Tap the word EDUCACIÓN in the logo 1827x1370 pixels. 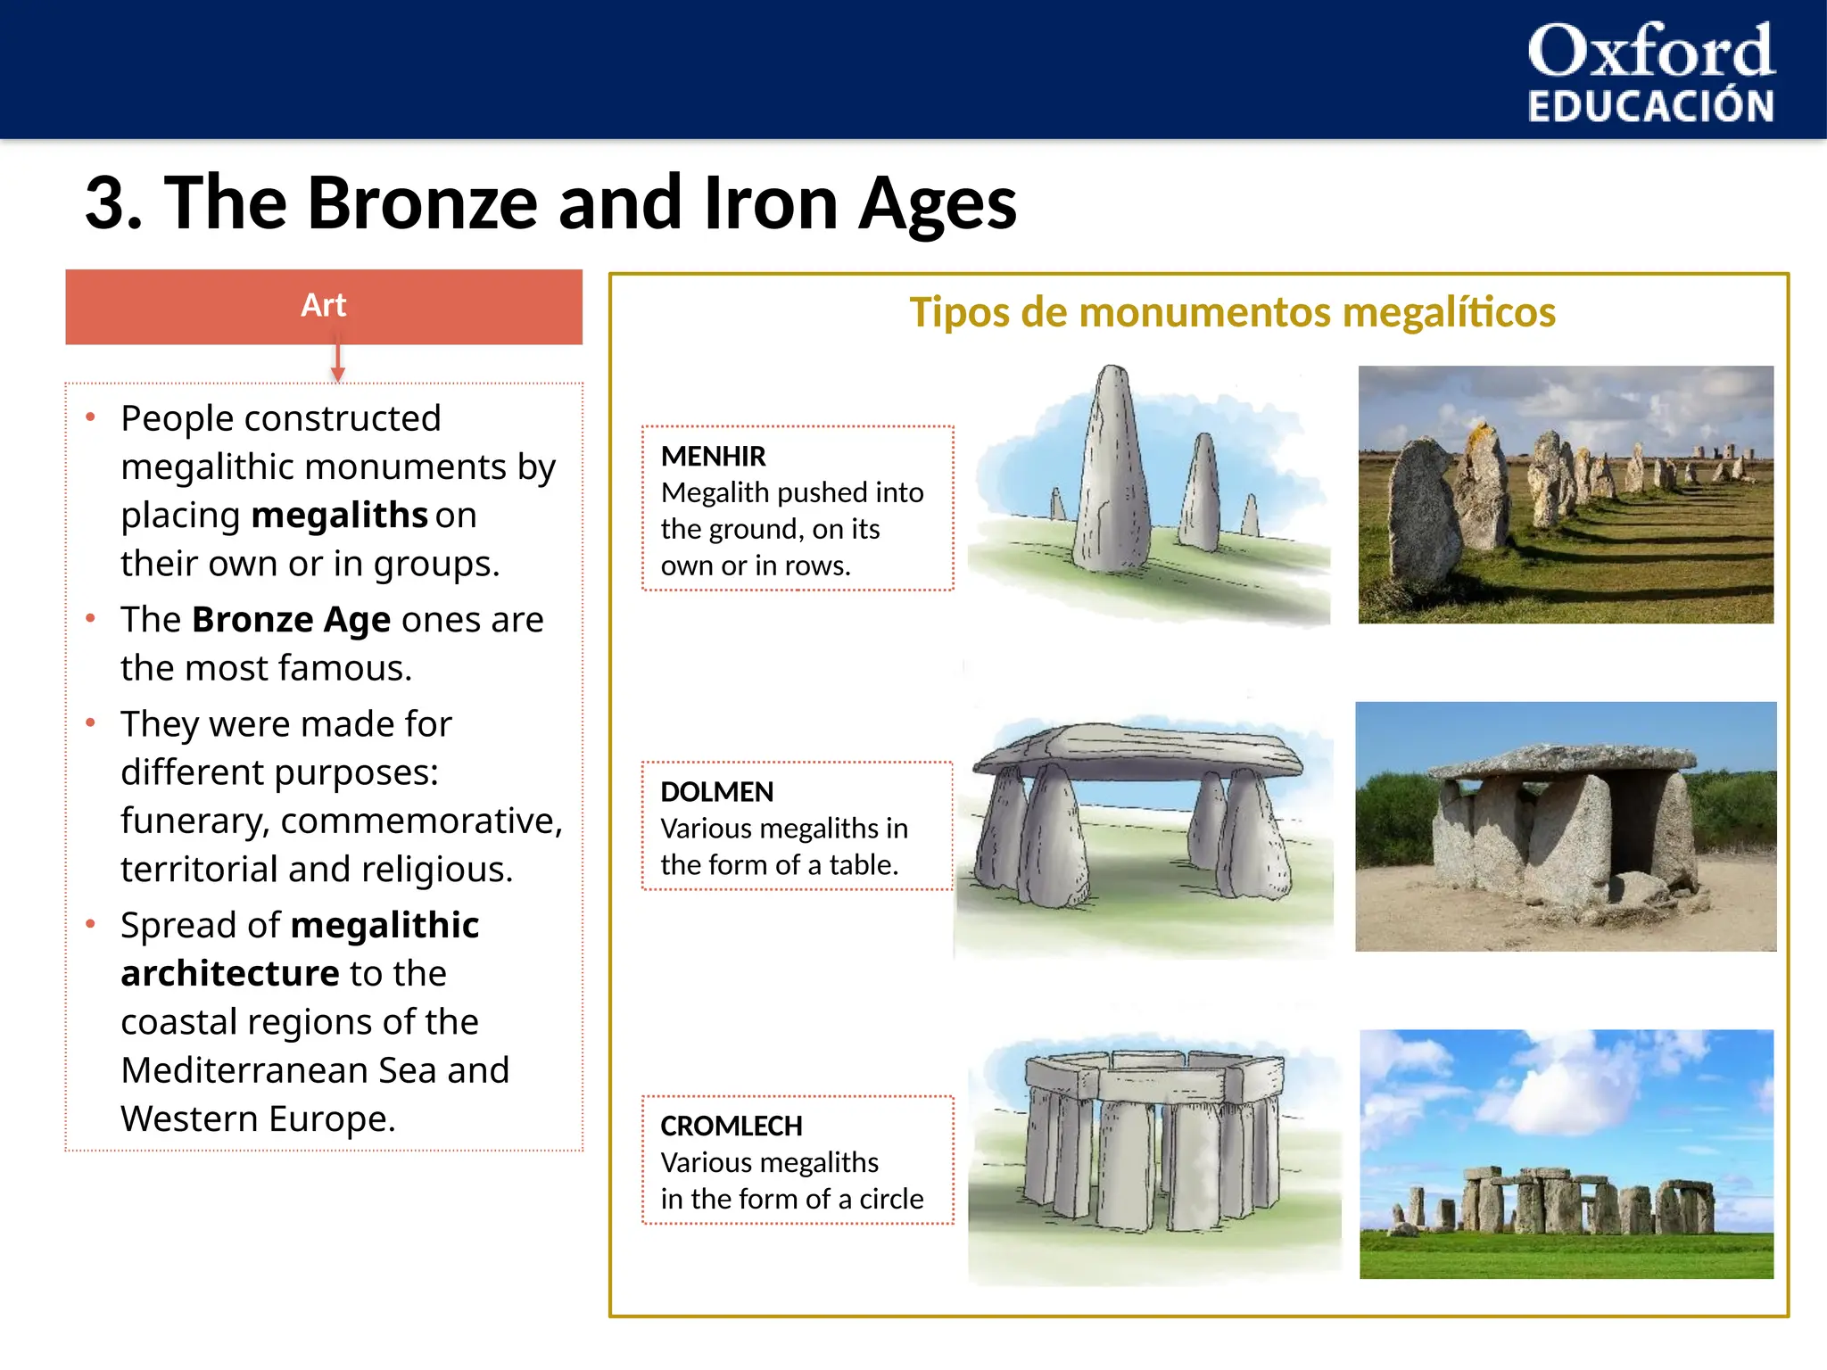pos(1650,106)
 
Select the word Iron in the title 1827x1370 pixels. pos(771,203)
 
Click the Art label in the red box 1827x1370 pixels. pos(323,305)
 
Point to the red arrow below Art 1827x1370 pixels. pos(337,361)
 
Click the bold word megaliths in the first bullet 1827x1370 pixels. pos(340,516)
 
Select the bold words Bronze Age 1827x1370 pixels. pos(291,619)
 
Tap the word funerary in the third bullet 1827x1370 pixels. pos(194,821)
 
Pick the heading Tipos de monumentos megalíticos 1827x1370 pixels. pos(1232,313)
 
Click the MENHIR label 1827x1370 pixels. pos(713,457)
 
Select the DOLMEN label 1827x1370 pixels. pos(716,792)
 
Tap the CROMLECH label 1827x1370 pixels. pos(731,1127)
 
